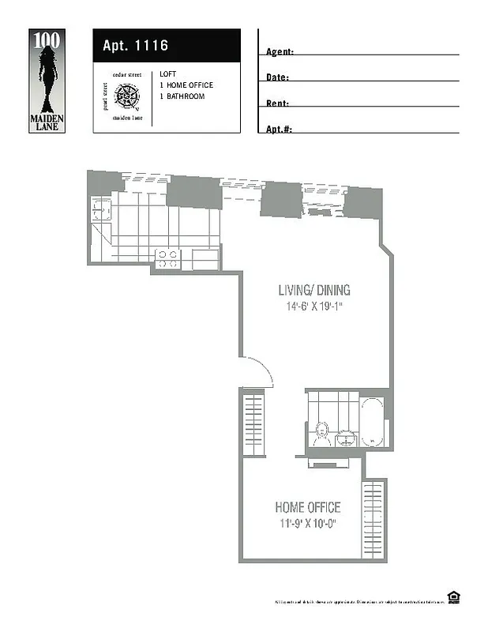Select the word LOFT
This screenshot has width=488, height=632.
(167, 73)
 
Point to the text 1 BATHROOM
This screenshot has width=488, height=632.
(182, 96)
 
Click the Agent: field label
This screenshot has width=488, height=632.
(280, 52)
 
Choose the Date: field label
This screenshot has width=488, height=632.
(277, 77)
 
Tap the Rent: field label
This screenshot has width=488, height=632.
(277, 103)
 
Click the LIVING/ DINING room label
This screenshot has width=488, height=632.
(313, 289)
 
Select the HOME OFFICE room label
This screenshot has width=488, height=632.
(307, 507)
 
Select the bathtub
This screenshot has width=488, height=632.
(372, 420)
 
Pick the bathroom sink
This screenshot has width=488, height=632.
(345, 439)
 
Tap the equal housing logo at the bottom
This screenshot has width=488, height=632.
(453, 596)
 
